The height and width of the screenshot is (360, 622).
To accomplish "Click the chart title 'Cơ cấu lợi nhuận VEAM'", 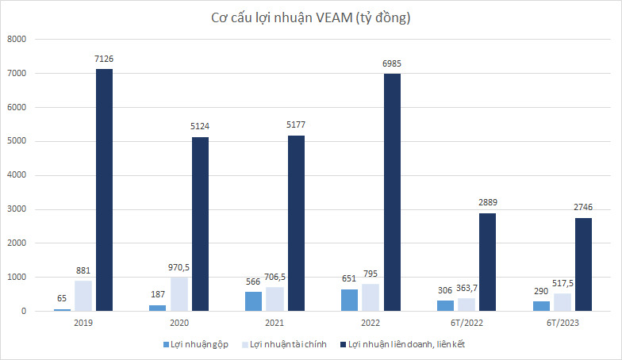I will [x=310, y=17].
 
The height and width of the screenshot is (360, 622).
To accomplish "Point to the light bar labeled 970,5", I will [x=179, y=294].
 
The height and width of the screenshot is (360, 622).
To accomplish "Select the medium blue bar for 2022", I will [x=350, y=300].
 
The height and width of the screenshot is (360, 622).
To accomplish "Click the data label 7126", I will [x=104, y=59].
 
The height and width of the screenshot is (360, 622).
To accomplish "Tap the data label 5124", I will [x=200, y=127].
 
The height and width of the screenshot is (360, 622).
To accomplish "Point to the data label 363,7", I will [x=466, y=289].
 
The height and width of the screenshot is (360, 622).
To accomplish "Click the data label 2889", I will [x=487, y=203].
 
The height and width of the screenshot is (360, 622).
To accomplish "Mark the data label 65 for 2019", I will [x=63, y=299].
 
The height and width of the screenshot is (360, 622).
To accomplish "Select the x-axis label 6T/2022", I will [x=466, y=324].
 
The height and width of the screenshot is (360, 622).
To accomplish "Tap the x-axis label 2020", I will [x=179, y=324].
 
